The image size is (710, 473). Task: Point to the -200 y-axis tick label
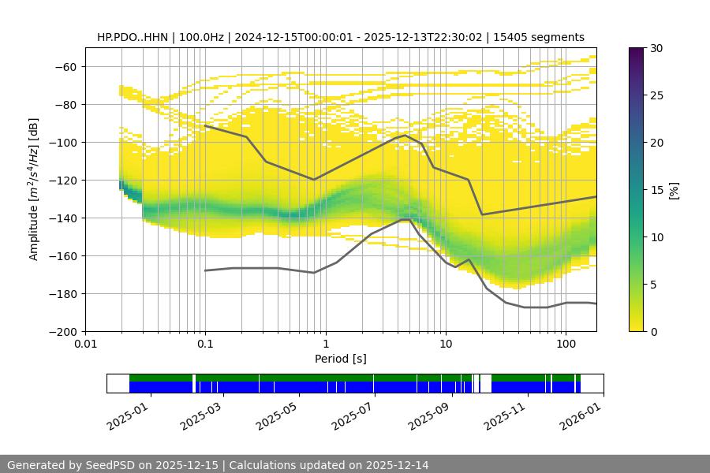click(x=64, y=331)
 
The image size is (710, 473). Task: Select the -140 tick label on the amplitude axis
click(x=64, y=218)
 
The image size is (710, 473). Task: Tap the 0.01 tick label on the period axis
click(x=85, y=345)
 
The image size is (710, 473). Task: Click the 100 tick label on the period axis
click(x=566, y=345)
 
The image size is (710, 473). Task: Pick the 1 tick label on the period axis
click(x=326, y=345)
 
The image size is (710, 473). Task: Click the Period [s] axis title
click(x=341, y=359)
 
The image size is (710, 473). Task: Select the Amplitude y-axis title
click(x=34, y=189)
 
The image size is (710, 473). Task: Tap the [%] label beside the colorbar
click(x=674, y=190)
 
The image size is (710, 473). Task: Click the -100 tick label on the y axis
click(x=64, y=142)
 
